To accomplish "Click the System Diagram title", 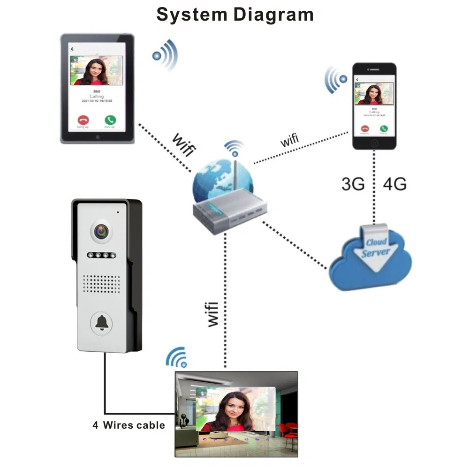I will (x=234, y=15).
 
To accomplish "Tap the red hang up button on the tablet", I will (x=83, y=121).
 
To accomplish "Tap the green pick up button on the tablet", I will (x=110, y=121).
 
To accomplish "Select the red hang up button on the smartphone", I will (x=364, y=128).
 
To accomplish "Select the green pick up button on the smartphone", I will (x=384, y=128).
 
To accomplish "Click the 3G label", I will (x=353, y=184).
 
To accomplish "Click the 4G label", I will (x=394, y=184).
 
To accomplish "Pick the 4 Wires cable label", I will (x=129, y=425).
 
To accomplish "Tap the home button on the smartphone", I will (x=374, y=142).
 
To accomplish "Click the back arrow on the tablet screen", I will (x=72, y=49).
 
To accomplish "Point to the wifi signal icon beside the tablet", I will (x=166, y=55).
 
